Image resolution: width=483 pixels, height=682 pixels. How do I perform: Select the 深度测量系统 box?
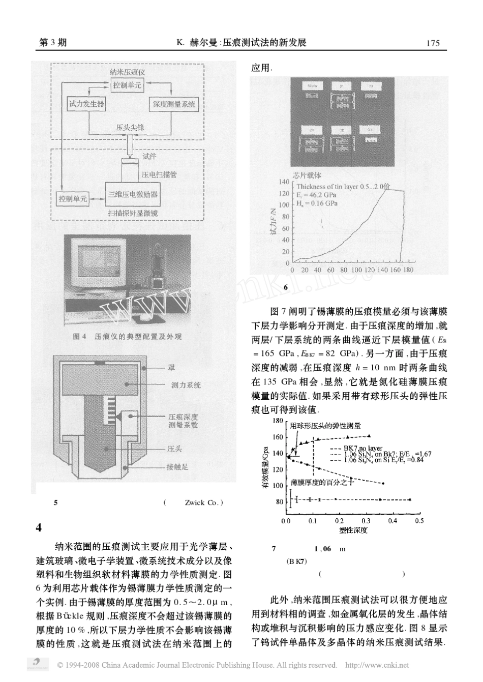pyautogui.click(x=174, y=104)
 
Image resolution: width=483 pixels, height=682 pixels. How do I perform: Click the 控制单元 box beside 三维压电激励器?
pyautogui.click(x=73, y=198)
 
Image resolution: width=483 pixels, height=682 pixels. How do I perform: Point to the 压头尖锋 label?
pyautogui.click(x=130, y=127)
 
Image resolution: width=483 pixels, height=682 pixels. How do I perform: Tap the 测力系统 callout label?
pyautogui.click(x=186, y=385)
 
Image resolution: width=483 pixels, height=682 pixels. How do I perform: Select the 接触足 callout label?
pyautogui.click(x=177, y=467)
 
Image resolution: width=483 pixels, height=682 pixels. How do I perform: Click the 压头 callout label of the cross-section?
pyautogui.click(x=174, y=449)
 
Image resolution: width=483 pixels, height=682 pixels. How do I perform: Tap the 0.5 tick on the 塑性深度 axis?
pyautogui.click(x=419, y=521)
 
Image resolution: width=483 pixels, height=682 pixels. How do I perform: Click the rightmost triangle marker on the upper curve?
pyautogui.click(x=369, y=435)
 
